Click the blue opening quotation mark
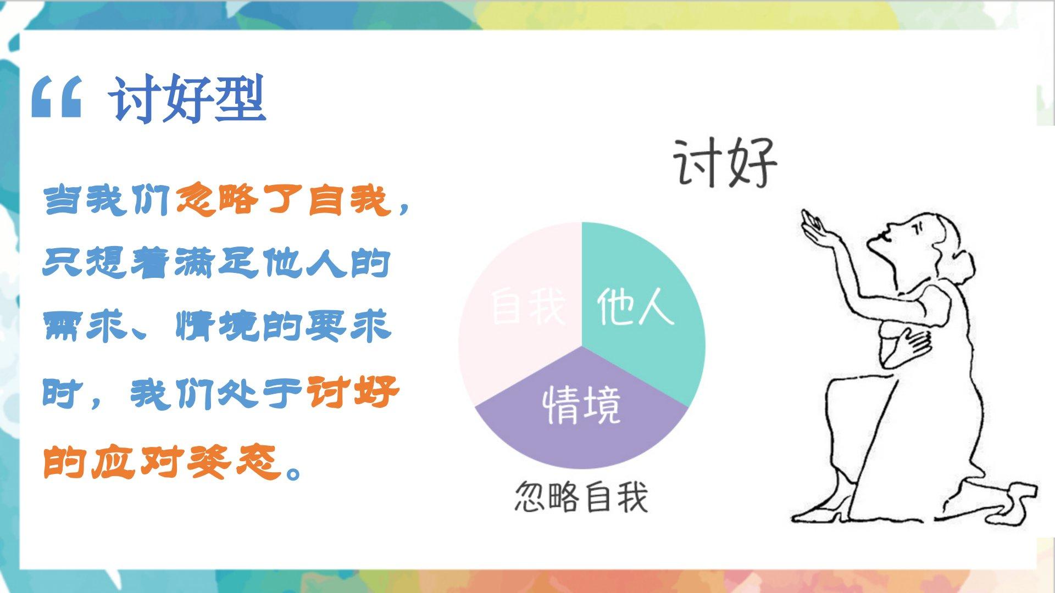coord(57,97)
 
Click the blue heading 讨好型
coord(188,98)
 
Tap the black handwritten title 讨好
coord(725,162)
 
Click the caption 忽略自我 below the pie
coord(581,497)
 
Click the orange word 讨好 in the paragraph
coord(352,393)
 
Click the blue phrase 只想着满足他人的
coord(216,264)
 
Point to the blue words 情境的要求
coord(284,327)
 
